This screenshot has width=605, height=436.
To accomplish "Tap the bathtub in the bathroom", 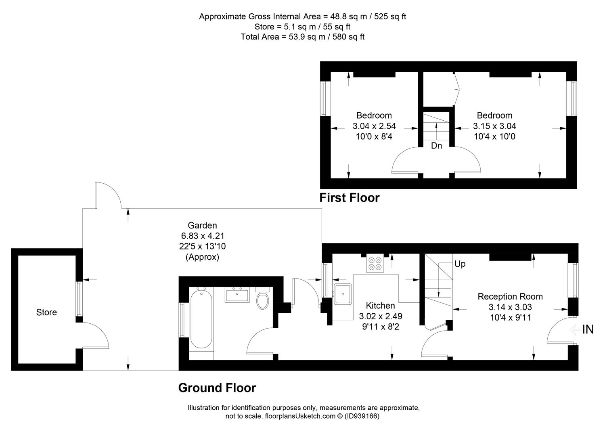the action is click(x=201, y=319).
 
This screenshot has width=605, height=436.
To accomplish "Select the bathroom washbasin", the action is click(x=237, y=295).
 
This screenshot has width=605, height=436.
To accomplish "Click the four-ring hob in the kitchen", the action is click(x=375, y=263).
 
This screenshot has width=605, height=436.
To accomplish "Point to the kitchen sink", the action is click(x=343, y=294).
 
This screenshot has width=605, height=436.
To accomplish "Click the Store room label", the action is click(x=46, y=312).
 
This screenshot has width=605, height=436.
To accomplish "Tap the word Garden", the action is click(x=202, y=225).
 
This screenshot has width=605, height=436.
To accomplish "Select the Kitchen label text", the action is click(x=380, y=306).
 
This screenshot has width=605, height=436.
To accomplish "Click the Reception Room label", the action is click(x=510, y=296).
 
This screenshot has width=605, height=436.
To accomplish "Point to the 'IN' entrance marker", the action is click(x=588, y=329).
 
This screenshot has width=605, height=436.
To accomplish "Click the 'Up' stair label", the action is click(x=460, y=264).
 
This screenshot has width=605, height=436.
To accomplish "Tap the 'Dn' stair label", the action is click(x=436, y=146).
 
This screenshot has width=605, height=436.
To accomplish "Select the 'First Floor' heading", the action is click(x=350, y=198).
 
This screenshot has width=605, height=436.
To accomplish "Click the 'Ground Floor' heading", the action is click(x=217, y=388).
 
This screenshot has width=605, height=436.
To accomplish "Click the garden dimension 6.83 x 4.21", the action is click(x=203, y=236).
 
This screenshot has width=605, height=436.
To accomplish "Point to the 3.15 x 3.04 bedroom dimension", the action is click(x=494, y=126).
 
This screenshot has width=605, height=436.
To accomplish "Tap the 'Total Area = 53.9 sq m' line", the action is click(x=303, y=37).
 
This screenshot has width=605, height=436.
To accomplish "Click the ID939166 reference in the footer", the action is click(x=362, y=416).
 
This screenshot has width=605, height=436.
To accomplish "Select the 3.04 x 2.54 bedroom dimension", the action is click(x=374, y=126).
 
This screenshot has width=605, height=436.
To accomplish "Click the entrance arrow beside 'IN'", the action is click(x=575, y=329).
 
